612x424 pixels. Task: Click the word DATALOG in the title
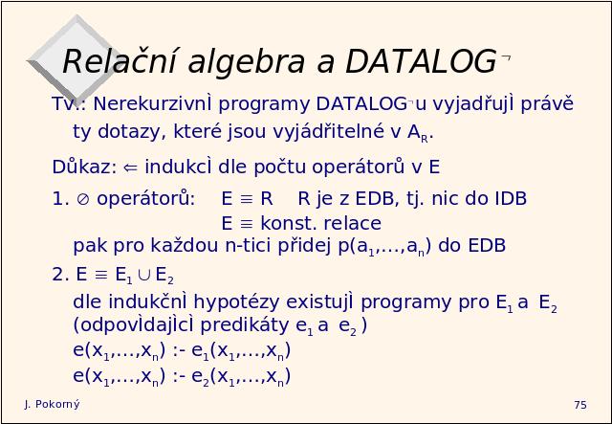[421, 61]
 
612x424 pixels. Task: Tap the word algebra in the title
[247, 63]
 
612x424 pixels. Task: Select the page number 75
[580, 405]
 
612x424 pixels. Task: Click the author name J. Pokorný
[53, 405]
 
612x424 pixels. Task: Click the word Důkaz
[84, 167]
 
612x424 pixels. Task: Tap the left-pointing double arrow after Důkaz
[130, 167]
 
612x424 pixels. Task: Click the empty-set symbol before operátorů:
[83, 199]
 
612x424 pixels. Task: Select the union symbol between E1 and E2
[144, 275]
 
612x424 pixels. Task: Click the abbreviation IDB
[511, 198]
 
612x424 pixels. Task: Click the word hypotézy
[236, 302]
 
